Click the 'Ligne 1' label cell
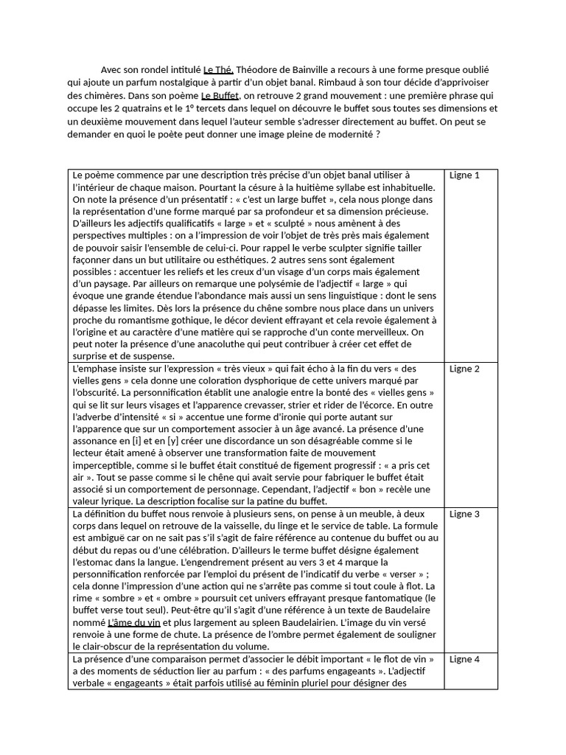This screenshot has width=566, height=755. click(464, 175)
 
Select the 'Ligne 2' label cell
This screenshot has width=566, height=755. click(464, 369)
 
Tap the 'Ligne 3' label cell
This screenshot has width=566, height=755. click(464, 514)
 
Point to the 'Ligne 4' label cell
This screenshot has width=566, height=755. click(464, 659)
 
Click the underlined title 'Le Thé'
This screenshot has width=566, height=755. click(218, 69)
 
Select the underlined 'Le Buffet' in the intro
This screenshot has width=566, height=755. click(220, 96)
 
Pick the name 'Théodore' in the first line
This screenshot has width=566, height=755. click(260, 69)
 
